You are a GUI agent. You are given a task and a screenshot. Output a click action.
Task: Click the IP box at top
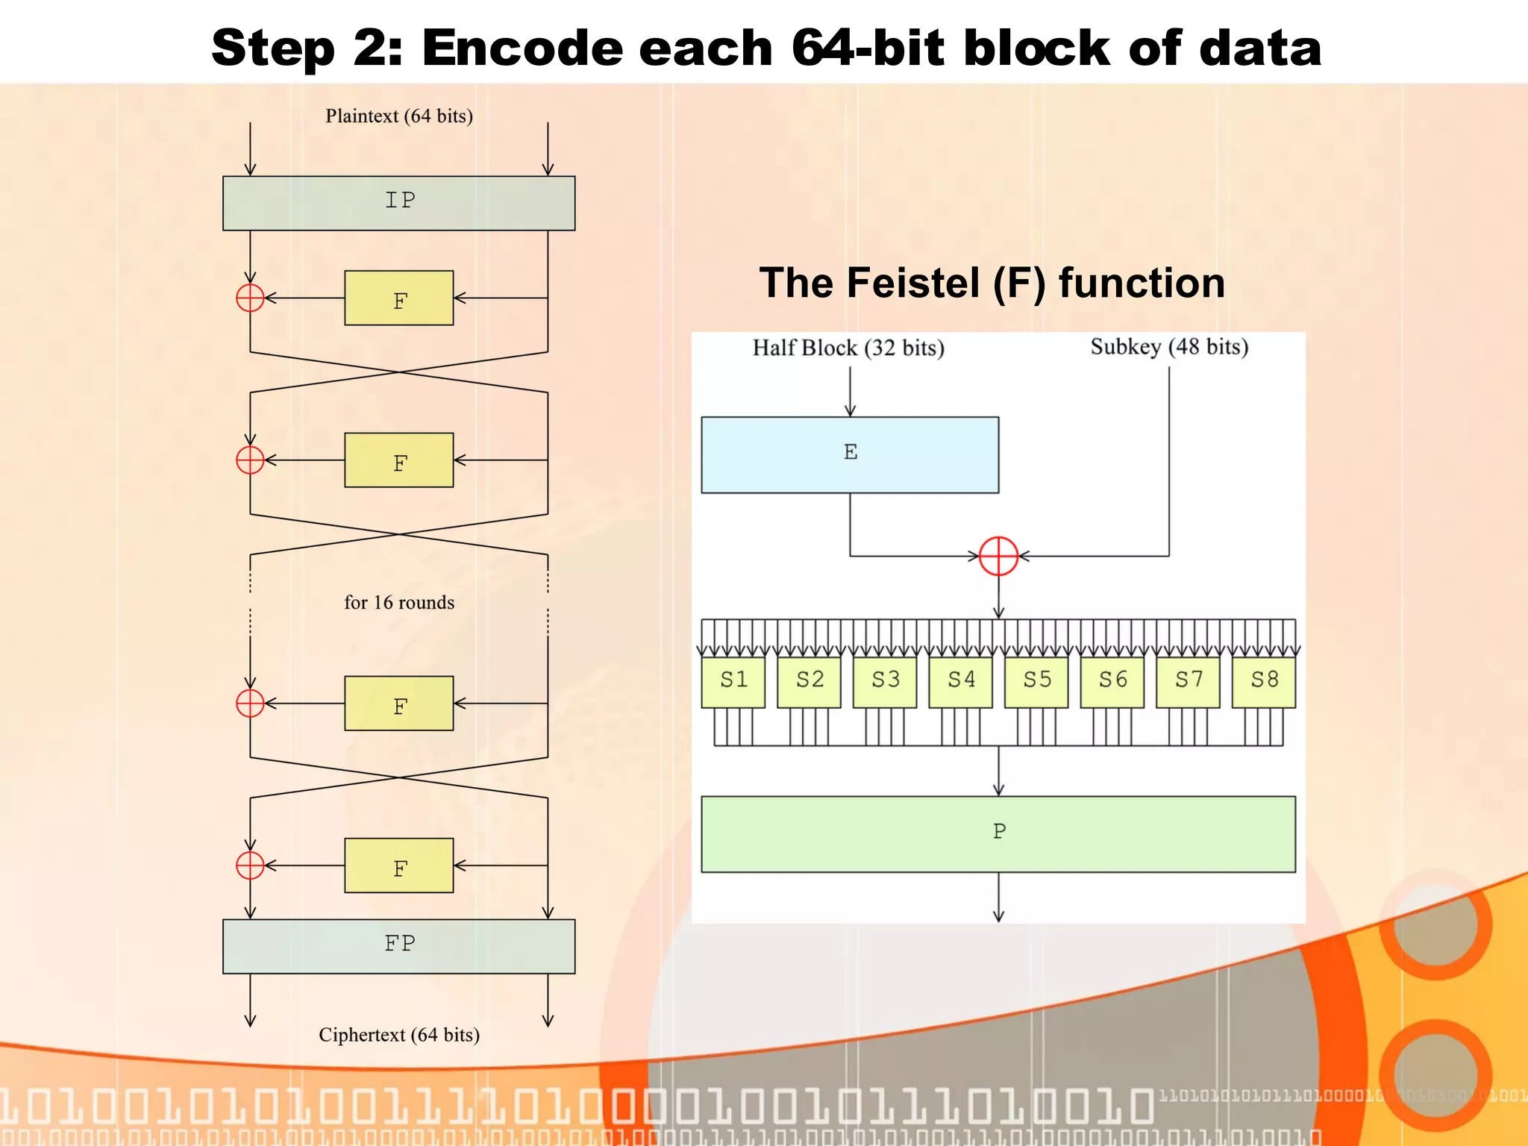click(398, 203)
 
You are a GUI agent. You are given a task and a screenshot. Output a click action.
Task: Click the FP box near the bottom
click(398, 945)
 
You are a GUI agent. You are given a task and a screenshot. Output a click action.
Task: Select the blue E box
click(849, 454)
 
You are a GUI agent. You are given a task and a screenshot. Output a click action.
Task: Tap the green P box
click(998, 833)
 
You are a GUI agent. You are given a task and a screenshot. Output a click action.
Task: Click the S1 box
click(733, 681)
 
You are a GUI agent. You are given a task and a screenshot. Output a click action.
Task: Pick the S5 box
click(1036, 681)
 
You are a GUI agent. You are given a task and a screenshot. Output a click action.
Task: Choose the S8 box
click(1263, 681)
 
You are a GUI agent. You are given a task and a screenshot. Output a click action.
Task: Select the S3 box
click(884, 681)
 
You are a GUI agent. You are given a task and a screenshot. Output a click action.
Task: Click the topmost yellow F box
click(398, 298)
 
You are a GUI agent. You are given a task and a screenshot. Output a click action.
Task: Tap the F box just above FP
click(398, 865)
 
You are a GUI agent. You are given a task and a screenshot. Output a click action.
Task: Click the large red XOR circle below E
click(998, 556)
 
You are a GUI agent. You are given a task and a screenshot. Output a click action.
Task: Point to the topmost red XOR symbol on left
click(250, 298)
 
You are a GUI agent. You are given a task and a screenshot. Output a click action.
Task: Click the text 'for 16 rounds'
click(398, 602)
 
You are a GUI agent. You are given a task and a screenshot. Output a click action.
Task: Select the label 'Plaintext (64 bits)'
click(398, 116)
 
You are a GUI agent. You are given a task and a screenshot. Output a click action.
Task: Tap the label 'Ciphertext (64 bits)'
click(398, 1035)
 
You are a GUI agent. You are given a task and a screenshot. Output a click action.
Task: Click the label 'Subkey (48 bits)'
click(1168, 347)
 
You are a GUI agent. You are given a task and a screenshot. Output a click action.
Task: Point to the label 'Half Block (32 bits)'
click(848, 348)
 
